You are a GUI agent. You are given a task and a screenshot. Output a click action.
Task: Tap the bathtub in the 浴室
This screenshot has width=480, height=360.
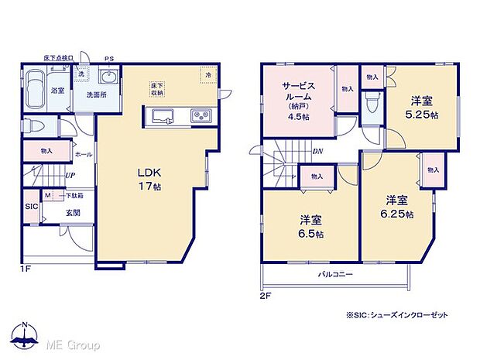click(36, 91)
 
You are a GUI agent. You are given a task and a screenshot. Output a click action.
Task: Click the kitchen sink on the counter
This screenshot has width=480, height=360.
click(163, 116)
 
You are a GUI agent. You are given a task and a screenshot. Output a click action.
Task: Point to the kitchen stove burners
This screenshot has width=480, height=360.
click(201, 116)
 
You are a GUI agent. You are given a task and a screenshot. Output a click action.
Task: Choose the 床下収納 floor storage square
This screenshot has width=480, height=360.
click(157, 88)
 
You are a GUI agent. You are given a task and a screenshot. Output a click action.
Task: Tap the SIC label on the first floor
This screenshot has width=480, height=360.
click(31, 207)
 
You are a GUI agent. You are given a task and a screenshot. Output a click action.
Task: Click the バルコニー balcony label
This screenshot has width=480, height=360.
click(334, 274)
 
